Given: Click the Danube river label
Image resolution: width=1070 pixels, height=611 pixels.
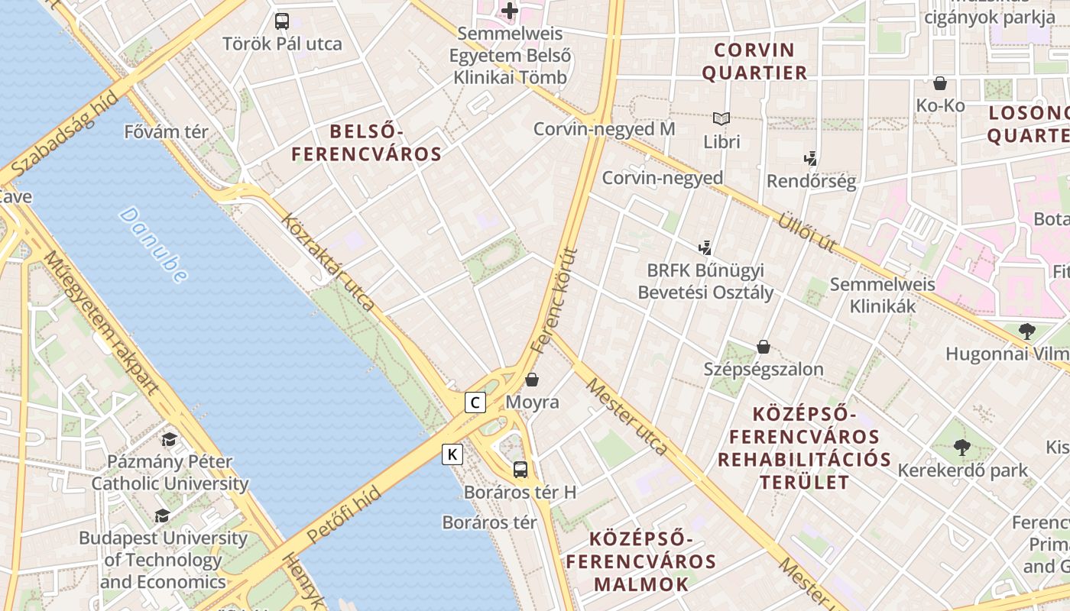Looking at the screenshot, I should point(153,244).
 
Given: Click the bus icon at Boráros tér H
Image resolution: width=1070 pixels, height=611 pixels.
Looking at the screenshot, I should point(520,469).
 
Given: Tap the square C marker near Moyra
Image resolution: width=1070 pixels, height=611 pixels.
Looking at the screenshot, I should point(475,402).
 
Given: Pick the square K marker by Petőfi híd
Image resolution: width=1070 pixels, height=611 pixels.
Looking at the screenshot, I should point(452,454).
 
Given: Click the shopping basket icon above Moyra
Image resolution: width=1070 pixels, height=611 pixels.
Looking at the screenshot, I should point(533,379).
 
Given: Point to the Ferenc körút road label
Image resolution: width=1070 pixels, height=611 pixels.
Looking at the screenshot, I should point(553,300).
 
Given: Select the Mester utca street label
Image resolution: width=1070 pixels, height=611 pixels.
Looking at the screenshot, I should point(627,417).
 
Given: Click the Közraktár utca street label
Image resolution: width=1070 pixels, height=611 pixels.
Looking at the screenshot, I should point(328,262).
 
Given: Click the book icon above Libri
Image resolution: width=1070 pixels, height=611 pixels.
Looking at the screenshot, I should point(721,118).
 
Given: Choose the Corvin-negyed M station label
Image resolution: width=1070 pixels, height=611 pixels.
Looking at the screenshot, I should point(604,129).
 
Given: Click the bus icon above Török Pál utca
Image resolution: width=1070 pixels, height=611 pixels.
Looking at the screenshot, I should point(282,21).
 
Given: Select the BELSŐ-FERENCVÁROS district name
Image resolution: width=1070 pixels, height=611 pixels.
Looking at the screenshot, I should point(367,142).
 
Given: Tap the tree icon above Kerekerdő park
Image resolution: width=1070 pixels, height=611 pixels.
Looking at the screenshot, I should point(961,448).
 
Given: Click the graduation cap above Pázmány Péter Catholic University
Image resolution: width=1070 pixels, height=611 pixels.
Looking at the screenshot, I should point(169,439).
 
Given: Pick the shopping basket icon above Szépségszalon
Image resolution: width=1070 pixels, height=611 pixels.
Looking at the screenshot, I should point(763,347).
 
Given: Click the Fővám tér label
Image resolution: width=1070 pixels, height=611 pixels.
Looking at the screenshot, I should point(166,132).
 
